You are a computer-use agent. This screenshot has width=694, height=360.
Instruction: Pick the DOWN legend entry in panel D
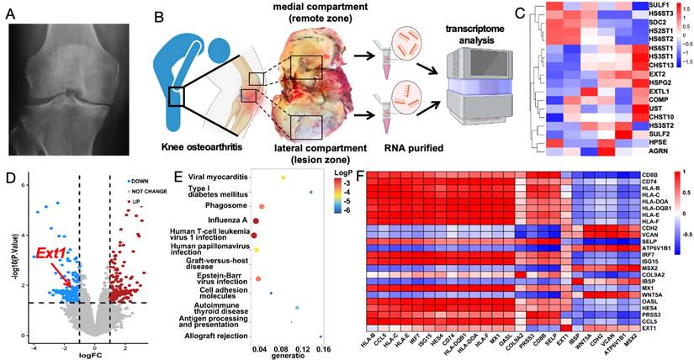tap(139, 180)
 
